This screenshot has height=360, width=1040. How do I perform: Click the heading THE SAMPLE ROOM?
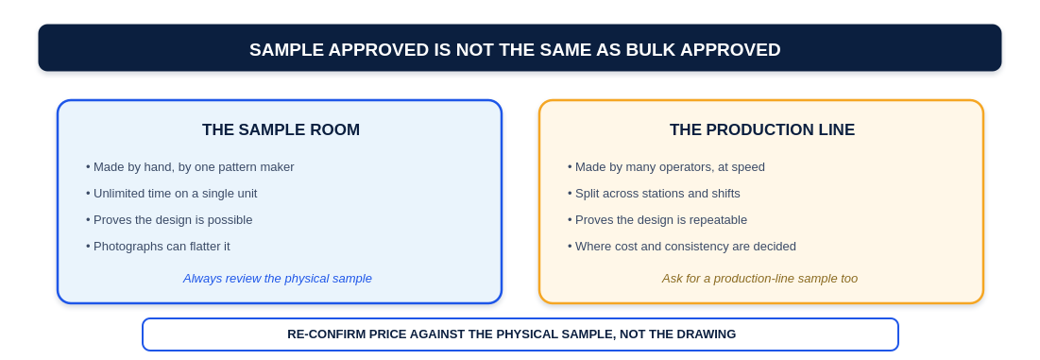coord(281,130)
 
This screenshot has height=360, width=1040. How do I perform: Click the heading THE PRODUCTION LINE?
coord(762,130)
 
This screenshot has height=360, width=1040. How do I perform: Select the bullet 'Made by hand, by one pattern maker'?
coord(190,167)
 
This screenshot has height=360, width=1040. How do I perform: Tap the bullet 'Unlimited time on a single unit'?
coord(171,194)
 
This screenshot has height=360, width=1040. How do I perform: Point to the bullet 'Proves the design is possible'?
coord(169,220)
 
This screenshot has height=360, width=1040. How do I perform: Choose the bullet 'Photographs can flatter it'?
coord(158,247)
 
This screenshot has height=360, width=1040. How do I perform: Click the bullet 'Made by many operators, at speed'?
coord(666,167)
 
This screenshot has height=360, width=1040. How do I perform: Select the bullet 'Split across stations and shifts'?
coord(654,194)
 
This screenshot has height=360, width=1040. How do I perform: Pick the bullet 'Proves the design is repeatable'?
coord(657,220)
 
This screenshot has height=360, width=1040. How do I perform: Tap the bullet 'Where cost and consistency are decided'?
coord(682,247)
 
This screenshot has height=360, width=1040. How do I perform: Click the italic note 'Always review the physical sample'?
coord(278,279)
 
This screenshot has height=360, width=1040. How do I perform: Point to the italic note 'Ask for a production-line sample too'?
coord(759,279)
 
